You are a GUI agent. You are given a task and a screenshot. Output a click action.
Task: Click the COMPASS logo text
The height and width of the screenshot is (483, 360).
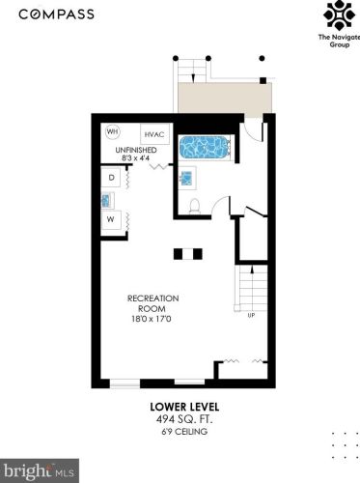[x=56, y=14]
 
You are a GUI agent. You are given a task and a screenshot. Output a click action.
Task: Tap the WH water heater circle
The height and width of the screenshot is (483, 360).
[x=113, y=131]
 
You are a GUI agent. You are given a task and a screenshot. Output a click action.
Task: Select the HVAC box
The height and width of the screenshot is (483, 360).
[x=154, y=134]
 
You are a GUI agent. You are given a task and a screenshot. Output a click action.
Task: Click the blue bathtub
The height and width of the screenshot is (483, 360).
[x=205, y=147]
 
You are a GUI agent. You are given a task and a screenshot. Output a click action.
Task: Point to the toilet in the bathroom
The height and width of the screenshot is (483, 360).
[x=195, y=206]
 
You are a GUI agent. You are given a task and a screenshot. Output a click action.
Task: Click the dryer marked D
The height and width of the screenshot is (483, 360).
[x=111, y=178]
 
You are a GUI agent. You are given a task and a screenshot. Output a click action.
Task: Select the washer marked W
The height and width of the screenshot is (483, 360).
[x=111, y=219]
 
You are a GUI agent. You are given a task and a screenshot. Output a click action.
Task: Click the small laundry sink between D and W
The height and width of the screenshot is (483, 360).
[x=107, y=200]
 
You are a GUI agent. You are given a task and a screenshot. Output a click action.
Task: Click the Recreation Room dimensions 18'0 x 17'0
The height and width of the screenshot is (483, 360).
[x=152, y=319]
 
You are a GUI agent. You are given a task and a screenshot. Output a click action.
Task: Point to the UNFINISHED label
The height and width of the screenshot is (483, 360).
[x=136, y=150]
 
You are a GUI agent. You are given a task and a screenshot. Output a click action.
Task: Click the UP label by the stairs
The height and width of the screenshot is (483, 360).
[x=251, y=315]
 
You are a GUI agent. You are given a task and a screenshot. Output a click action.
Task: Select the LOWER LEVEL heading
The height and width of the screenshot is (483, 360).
[x=184, y=407]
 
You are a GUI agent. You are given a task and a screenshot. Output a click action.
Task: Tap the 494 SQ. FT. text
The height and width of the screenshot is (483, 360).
[x=184, y=419]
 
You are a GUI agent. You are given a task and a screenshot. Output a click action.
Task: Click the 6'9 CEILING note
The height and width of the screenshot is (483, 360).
[x=184, y=432]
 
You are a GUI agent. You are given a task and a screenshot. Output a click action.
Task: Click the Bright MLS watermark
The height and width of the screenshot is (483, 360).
[x=40, y=470]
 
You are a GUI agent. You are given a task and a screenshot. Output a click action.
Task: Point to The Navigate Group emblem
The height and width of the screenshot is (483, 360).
[x=339, y=14]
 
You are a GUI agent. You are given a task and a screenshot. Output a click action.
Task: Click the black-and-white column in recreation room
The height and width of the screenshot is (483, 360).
[x=188, y=254]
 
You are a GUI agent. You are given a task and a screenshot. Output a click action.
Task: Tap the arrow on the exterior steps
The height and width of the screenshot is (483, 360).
[x=193, y=78]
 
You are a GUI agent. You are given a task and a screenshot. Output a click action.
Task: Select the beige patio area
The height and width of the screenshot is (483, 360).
[x=225, y=98]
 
